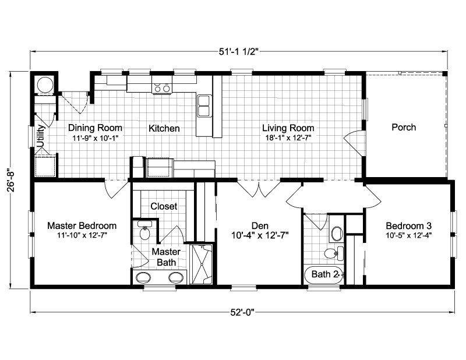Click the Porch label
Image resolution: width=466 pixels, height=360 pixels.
[x=404, y=127]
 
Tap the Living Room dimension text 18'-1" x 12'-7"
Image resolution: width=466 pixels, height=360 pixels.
[x=288, y=137]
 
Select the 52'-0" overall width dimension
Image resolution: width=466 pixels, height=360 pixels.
[x=242, y=312]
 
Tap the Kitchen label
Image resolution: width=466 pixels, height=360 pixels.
[x=164, y=128]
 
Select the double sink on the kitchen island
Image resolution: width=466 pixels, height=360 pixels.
[x=204, y=106]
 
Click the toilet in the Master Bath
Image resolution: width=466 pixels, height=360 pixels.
[x=145, y=233]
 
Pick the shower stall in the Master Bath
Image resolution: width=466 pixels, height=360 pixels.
[x=201, y=264]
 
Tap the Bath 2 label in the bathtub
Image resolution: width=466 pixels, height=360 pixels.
[x=325, y=274]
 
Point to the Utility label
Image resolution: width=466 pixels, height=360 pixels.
[x=41, y=136]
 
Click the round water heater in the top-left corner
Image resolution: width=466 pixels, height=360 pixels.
[x=45, y=84]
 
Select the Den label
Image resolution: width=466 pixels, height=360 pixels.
[x=260, y=226]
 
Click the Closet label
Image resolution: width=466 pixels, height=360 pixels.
[x=164, y=206]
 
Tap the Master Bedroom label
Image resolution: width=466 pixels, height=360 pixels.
[x=82, y=225]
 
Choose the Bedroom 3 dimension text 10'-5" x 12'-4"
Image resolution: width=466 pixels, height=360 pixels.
[x=409, y=235]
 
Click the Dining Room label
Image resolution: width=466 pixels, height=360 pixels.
[x=95, y=128]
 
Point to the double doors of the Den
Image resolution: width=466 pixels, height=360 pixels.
[x=259, y=189]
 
